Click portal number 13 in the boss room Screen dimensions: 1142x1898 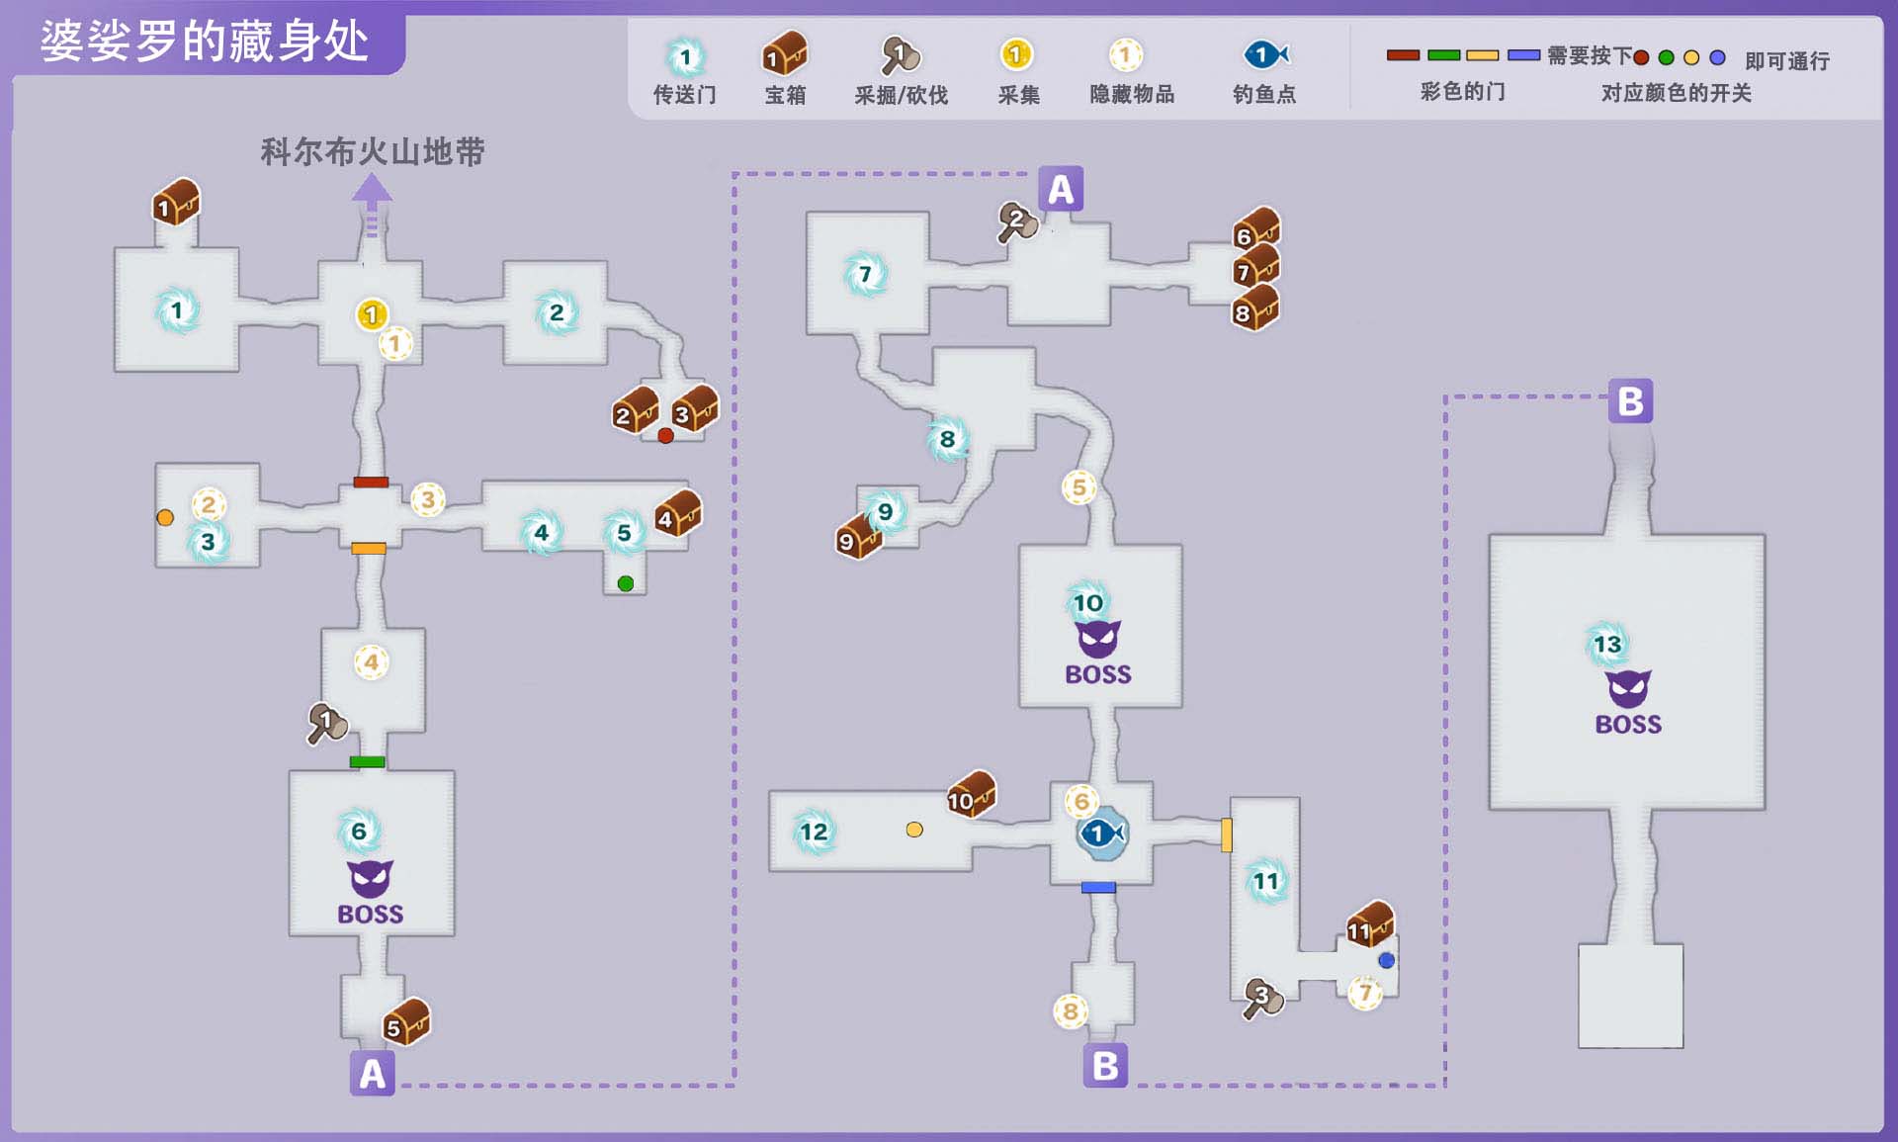click(1607, 645)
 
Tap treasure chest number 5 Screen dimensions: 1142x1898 click(406, 1022)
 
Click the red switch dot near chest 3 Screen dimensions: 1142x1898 click(665, 436)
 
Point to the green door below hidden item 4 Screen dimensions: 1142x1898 click(367, 761)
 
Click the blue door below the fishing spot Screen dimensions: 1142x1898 click(1098, 887)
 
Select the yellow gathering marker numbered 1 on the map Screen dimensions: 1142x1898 click(371, 314)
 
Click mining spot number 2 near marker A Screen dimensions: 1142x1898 click(1017, 221)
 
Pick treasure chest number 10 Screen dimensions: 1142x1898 click(971, 795)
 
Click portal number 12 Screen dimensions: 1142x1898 click(814, 832)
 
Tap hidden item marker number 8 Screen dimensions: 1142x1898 click(1070, 1010)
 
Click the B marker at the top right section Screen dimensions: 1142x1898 click(1630, 401)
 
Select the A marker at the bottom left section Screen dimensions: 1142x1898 click(372, 1073)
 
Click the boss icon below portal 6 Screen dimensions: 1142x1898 click(370, 878)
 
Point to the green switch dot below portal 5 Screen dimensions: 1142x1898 click(625, 583)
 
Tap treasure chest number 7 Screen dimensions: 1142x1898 click(1256, 268)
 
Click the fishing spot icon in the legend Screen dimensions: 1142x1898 click(1265, 54)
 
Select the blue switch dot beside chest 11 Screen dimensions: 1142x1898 click(1386, 960)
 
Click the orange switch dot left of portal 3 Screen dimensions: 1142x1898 click(165, 517)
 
